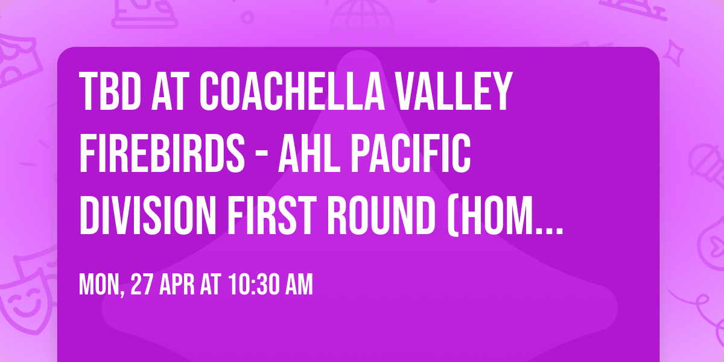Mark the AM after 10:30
(x=299, y=285)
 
